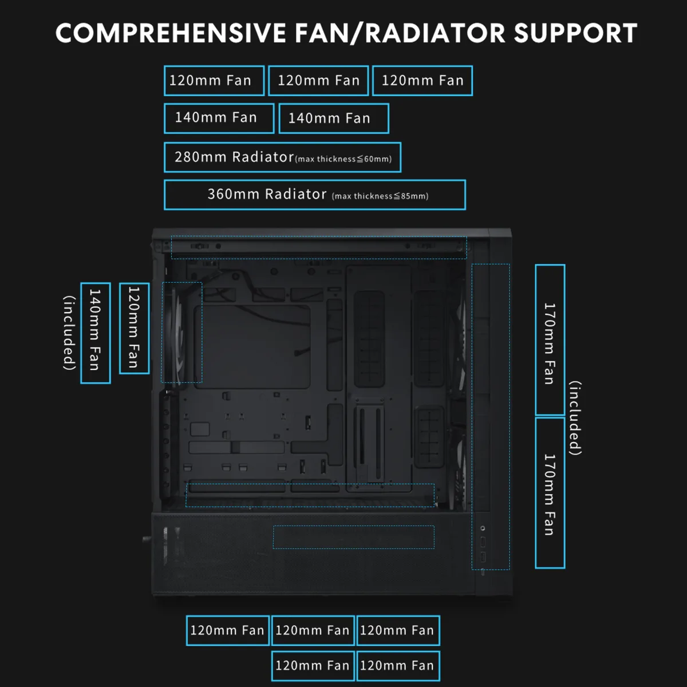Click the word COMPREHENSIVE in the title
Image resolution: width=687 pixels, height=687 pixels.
(x=171, y=33)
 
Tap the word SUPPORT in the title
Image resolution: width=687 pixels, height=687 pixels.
(x=575, y=33)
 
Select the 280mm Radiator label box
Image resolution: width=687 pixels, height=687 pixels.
(x=282, y=157)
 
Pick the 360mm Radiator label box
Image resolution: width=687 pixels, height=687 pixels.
(x=315, y=195)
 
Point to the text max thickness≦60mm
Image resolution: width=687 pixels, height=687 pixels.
(x=343, y=159)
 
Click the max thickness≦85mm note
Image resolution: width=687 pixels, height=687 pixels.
(x=380, y=196)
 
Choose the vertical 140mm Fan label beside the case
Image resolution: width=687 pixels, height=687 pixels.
(x=95, y=333)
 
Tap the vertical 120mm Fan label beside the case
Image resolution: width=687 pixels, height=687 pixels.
(x=134, y=328)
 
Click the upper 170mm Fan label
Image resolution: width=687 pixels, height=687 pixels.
(x=550, y=339)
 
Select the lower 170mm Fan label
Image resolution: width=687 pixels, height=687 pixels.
(x=550, y=493)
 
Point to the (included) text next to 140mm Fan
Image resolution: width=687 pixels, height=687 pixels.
(x=69, y=333)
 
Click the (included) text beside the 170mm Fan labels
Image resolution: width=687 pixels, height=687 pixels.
(x=575, y=418)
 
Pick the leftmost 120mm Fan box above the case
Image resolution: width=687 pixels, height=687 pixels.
(x=214, y=81)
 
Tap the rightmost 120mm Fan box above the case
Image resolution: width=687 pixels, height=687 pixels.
(x=423, y=81)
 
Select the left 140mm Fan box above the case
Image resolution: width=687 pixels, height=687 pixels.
(x=219, y=119)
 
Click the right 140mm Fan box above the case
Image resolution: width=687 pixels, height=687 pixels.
(x=334, y=119)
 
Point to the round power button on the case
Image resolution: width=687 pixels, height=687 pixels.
(x=483, y=528)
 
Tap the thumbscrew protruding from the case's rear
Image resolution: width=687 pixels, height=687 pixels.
(x=146, y=539)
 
